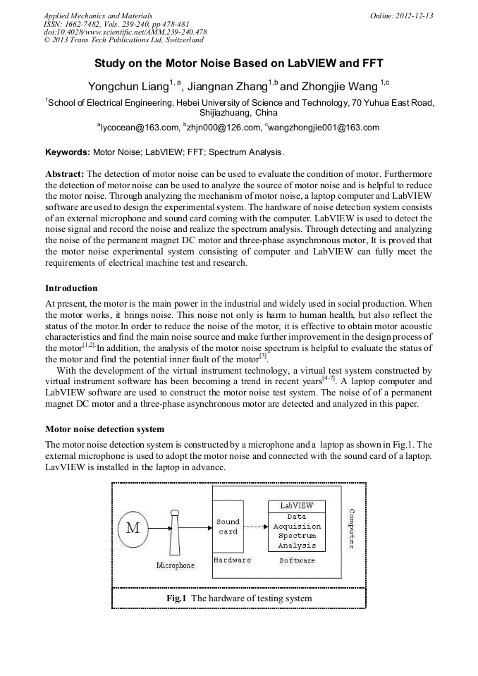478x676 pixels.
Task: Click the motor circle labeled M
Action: point(133,527)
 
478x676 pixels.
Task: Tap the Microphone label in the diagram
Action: point(175,565)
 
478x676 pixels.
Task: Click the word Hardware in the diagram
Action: point(232,560)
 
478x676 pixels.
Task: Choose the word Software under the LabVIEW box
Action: point(297,560)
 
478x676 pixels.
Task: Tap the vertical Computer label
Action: point(352,529)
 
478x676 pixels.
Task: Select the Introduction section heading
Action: point(71,288)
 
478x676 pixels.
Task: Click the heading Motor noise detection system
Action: point(104,429)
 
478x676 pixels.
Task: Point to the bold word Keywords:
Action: point(68,152)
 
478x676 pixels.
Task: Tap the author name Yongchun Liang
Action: point(128,87)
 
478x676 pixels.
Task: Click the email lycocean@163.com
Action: point(140,128)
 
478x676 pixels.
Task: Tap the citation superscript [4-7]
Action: point(329,379)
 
